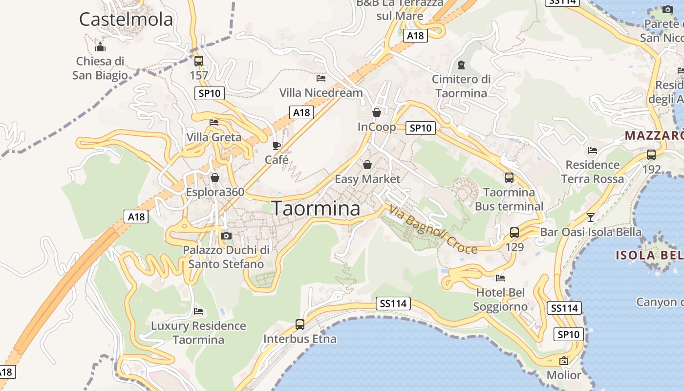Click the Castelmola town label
126,20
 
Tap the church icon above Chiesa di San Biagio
100,47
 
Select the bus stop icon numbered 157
199,61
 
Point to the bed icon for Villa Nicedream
321,78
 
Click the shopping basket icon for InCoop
377,112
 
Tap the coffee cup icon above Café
277,145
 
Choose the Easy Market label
367,179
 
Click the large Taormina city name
316,209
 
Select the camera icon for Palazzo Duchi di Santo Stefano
226,236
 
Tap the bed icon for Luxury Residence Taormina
198,311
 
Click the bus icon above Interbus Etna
300,324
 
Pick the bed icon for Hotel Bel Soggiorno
500,278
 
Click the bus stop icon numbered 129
514,233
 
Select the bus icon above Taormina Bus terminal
509,177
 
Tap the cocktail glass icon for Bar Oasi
591,217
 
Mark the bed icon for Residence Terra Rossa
593,151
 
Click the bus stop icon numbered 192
651,155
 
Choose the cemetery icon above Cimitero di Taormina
461,65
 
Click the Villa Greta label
214,137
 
